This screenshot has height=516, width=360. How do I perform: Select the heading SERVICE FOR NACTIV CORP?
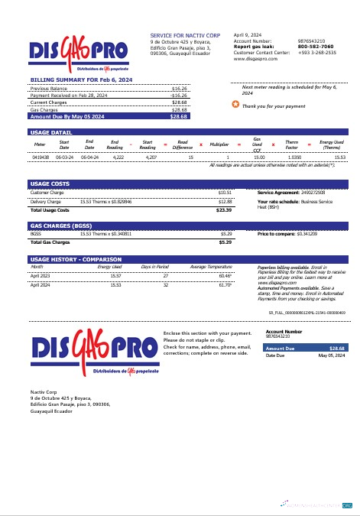point(185,35)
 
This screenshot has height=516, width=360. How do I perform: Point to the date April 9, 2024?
point(247,35)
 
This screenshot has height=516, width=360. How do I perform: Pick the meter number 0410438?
point(41,156)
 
